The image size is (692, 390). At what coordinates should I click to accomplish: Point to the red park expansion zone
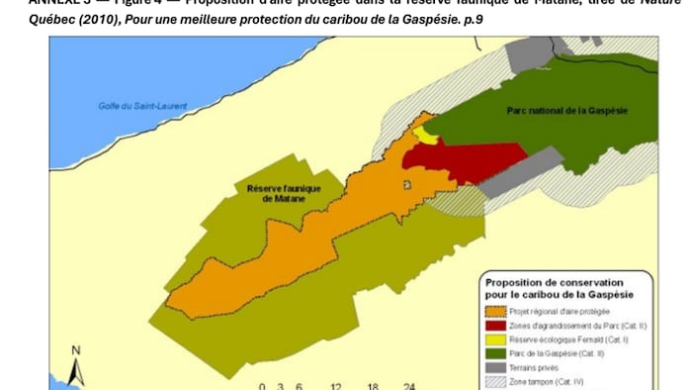(x=465, y=160)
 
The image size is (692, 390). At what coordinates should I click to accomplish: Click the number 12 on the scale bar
(x=335, y=386)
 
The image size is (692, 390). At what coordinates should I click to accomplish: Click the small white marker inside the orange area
(x=405, y=184)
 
